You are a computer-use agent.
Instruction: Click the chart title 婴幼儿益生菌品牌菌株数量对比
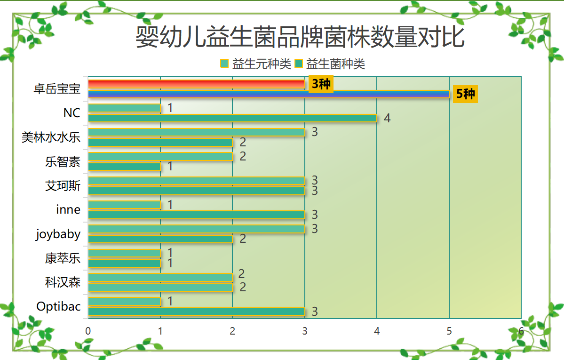click(300, 38)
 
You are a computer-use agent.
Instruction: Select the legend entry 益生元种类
click(256, 64)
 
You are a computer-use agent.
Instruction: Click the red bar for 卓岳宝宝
click(196, 84)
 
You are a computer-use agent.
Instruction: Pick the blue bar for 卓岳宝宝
click(268, 94)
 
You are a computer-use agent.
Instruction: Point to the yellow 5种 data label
click(465, 94)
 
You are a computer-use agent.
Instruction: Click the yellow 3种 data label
click(321, 84)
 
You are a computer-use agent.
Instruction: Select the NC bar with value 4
click(232, 118)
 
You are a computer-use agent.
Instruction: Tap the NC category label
click(71, 113)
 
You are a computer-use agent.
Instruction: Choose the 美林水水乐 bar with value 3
click(196, 132)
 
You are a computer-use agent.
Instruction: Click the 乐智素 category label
click(63, 162)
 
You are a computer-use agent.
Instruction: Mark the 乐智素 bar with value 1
click(124, 167)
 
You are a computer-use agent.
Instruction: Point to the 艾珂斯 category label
click(63, 186)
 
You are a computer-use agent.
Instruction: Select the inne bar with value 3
click(196, 215)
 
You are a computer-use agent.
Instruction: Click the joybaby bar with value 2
click(160, 239)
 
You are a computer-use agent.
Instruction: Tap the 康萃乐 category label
click(63, 258)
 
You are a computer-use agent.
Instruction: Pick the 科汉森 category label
click(63, 283)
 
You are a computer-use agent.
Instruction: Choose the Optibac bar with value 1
click(124, 302)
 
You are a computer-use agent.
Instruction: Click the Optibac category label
click(58, 306)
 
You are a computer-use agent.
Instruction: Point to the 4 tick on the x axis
click(377, 331)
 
